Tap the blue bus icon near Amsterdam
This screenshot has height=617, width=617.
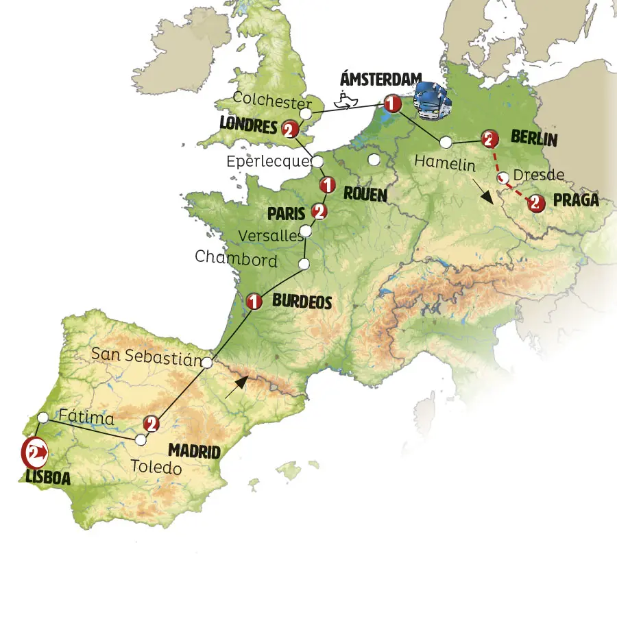(x=432, y=101)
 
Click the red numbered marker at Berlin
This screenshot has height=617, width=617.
(x=489, y=138)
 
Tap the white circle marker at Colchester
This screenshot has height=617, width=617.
(x=306, y=112)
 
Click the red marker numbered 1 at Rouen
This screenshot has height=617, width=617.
(x=328, y=184)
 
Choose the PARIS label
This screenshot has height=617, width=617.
(x=286, y=214)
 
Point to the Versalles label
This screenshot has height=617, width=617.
(x=270, y=236)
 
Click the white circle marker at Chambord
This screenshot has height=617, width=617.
(x=304, y=264)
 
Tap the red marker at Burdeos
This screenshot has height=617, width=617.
(x=254, y=301)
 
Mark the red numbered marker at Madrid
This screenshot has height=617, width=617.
(x=152, y=424)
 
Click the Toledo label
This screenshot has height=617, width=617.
(x=156, y=469)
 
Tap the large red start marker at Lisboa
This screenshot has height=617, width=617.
(x=34, y=452)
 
